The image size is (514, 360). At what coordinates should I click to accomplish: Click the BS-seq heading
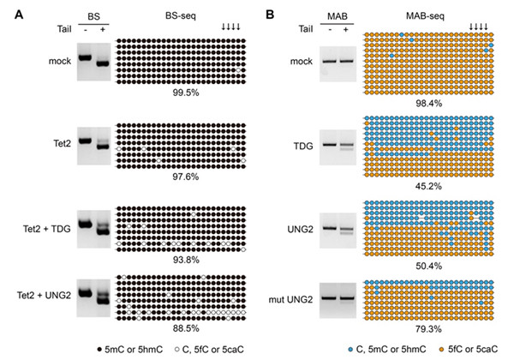pyautogui.click(x=176, y=15)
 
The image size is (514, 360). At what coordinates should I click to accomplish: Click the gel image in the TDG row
pyautogui.click(x=339, y=145)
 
